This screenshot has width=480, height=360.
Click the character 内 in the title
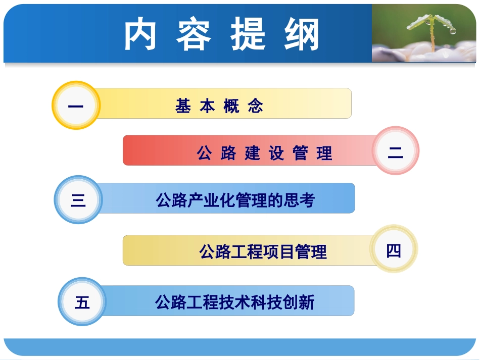tap(141, 35)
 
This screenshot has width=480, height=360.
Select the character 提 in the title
tap(248, 35)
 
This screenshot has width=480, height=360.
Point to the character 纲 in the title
tap(302, 35)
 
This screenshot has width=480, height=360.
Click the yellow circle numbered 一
tap(76, 106)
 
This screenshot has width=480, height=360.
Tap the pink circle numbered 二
tap(396, 151)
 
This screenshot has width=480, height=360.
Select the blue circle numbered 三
tap(78, 200)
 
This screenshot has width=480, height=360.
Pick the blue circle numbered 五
tap(82, 302)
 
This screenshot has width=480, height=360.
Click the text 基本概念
tap(220, 106)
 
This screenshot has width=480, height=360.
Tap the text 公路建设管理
tap(265, 152)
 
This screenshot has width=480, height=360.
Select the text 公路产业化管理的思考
tap(235, 200)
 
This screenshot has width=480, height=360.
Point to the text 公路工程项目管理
tap(263, 251)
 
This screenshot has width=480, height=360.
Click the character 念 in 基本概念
tap(256, 106)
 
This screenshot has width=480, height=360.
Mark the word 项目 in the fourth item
tap(279, 251)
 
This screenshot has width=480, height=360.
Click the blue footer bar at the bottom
tap(240, 347)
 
